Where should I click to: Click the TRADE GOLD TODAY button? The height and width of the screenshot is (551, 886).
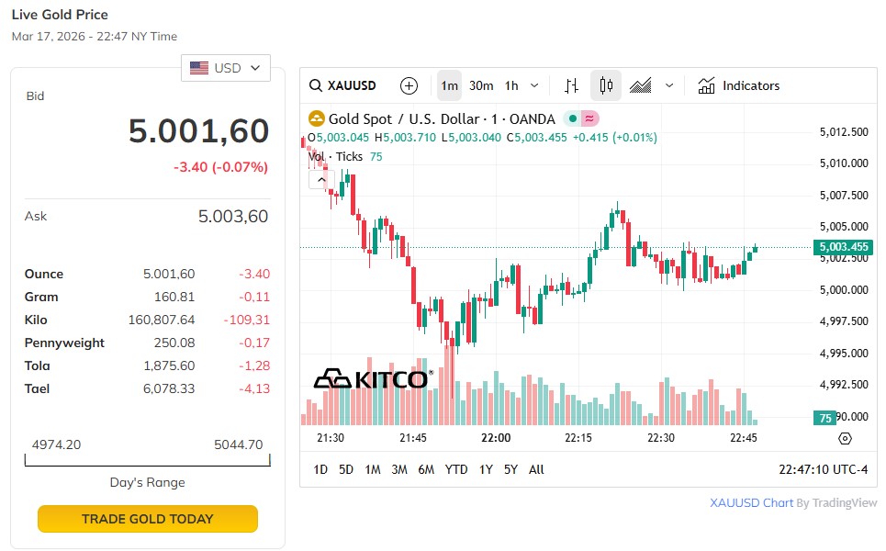147,519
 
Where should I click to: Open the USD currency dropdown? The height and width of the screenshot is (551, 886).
226,68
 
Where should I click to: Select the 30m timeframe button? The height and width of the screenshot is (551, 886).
481,85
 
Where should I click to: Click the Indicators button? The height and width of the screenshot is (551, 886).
739,85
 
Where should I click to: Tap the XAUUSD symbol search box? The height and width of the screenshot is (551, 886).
343,85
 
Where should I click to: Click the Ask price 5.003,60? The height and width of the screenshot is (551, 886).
233,217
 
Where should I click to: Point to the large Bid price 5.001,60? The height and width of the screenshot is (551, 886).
198,131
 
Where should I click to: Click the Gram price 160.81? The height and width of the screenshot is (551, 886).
174,297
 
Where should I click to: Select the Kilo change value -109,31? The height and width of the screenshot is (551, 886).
247,320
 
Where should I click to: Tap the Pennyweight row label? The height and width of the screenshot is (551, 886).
64,343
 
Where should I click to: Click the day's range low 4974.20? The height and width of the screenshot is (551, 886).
56,444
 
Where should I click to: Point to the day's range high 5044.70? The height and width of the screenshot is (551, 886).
238,444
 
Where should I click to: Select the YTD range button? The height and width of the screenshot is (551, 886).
456,469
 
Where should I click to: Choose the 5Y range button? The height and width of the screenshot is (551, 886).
510,469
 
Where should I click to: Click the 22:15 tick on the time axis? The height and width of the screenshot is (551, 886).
578,438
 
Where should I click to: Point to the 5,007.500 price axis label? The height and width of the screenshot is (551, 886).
844,195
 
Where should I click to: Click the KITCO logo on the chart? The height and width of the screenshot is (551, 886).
372,378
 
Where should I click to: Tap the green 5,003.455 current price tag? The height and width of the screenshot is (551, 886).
841,247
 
